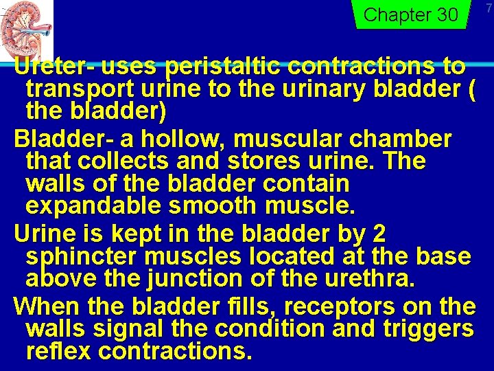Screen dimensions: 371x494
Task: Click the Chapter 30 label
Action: (x=410, y=14)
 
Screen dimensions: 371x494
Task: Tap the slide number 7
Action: (x=489, y=8)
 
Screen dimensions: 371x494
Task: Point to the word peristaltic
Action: (x=224, y=67)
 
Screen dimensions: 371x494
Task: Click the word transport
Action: (x=73, y=89)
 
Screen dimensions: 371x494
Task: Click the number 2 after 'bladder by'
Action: (x=378, y=234)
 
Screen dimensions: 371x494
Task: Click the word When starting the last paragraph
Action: (x=43, y=305)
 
